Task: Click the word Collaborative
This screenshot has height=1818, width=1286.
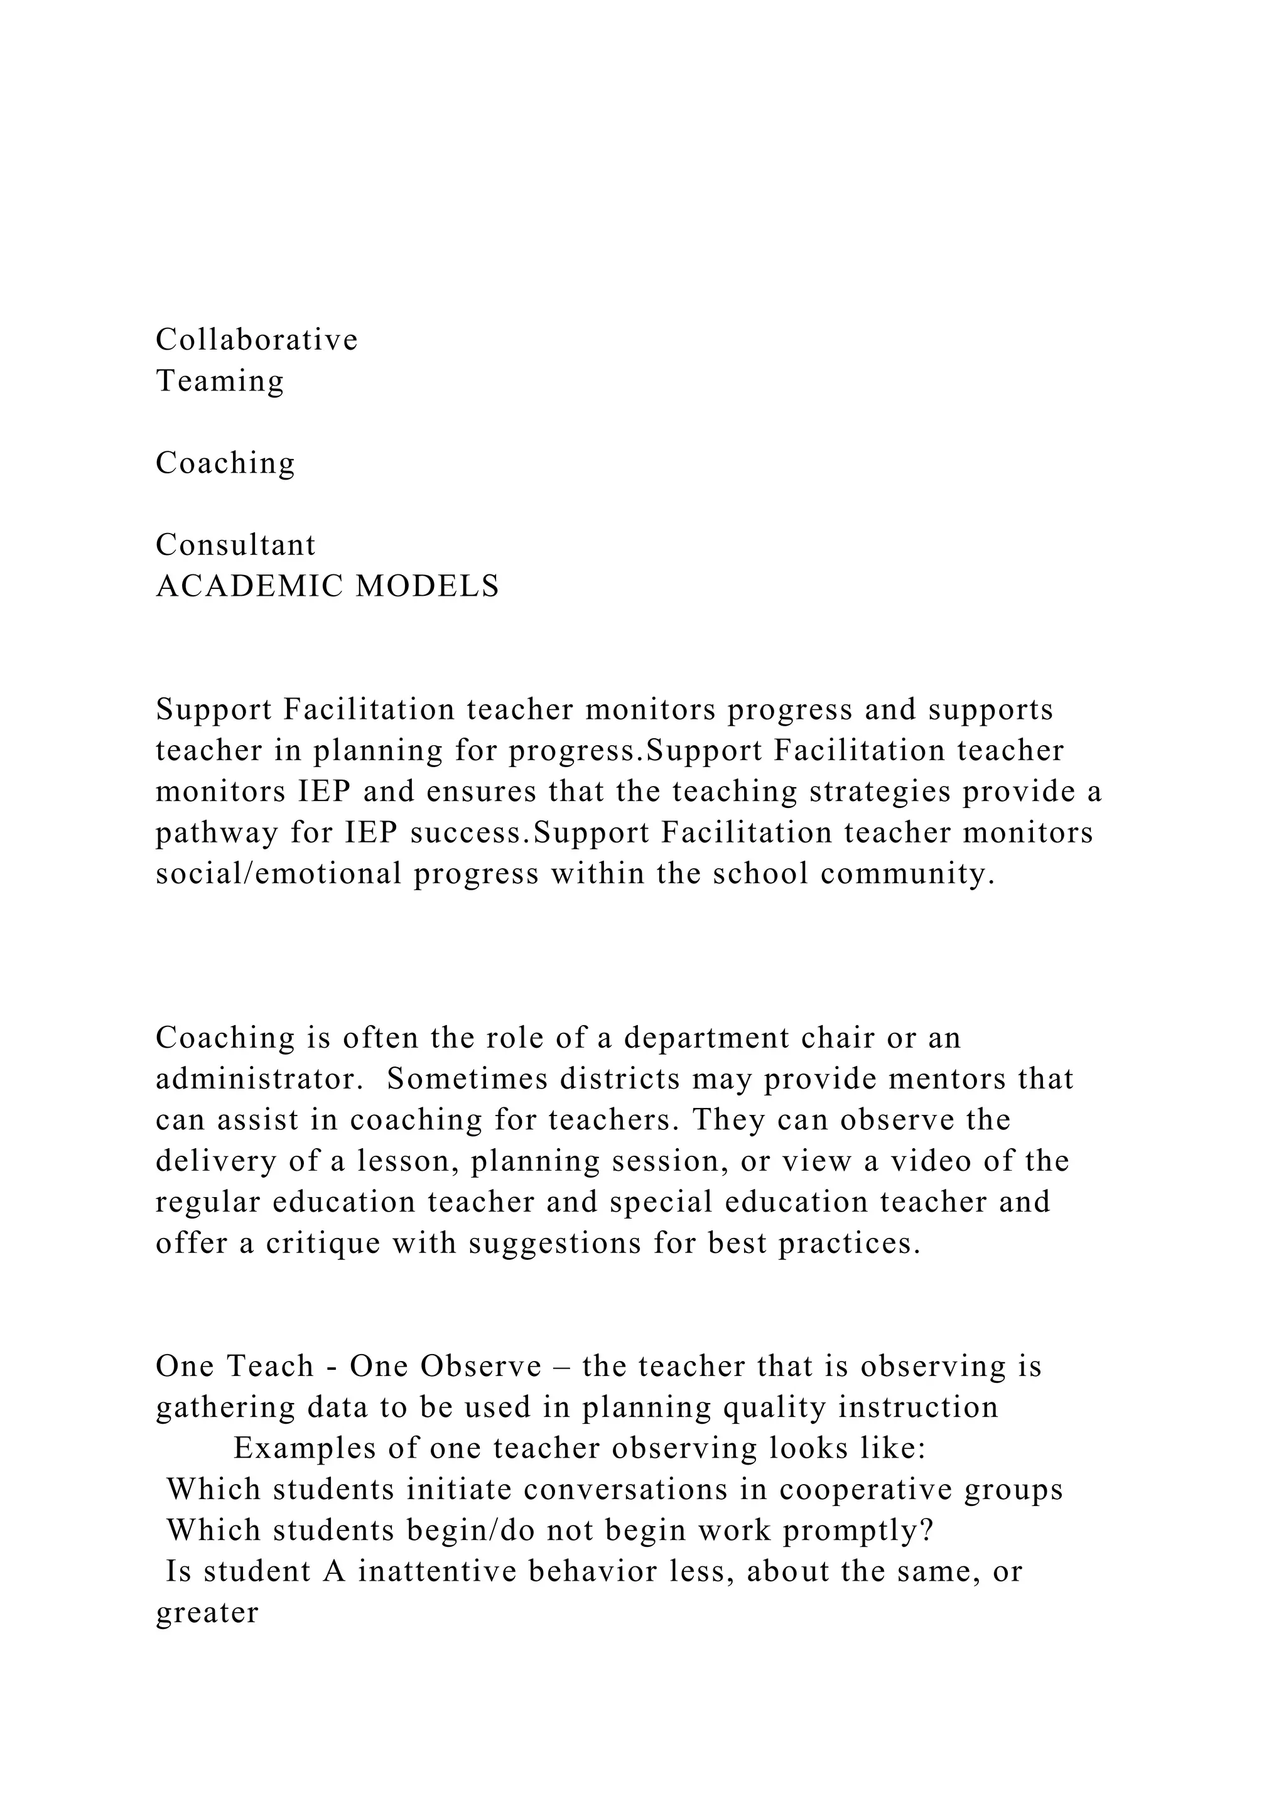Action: point(257,340)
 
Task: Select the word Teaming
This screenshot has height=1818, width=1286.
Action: point(219,381)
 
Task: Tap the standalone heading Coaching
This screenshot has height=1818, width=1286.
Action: point(225,463)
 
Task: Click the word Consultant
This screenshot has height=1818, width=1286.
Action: point(235,545)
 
